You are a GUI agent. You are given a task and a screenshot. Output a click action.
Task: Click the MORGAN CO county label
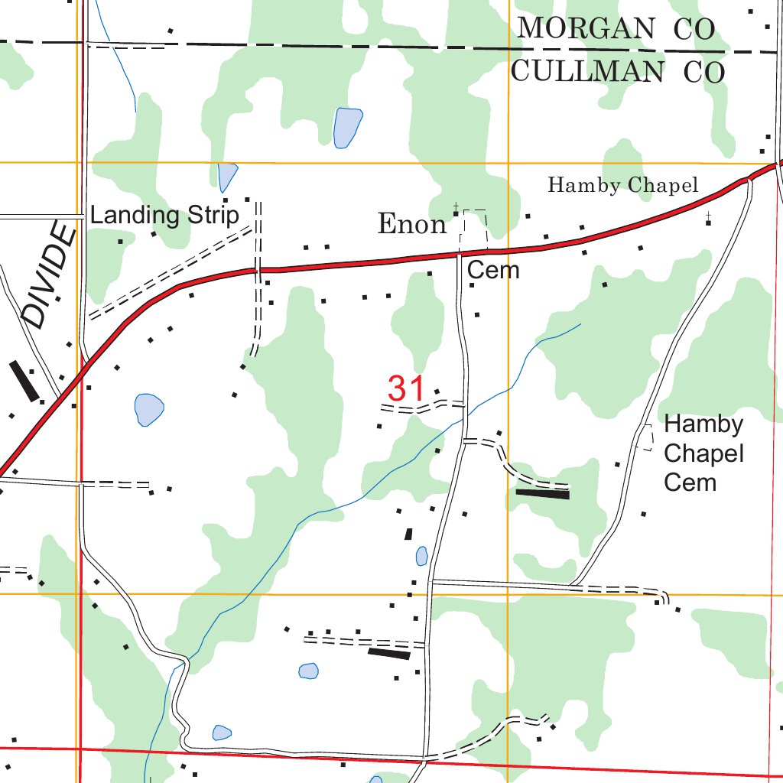tap(616, 29)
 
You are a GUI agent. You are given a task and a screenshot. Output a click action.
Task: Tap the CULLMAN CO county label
tap(617, 72)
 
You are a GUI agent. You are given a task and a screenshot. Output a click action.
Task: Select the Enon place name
tap(412, 225)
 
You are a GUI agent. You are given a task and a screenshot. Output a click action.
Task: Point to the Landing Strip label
tap(164, 216)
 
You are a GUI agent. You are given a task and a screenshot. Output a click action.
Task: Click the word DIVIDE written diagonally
tap(50, 275)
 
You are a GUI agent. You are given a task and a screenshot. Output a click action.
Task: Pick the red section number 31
tap(405, 388)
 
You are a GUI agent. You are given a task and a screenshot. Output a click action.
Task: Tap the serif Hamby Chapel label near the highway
tap(623, 185)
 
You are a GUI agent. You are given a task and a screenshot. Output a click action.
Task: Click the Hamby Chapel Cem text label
tap(703, 453)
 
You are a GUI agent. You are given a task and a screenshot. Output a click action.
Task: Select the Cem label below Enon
tap(493, 270)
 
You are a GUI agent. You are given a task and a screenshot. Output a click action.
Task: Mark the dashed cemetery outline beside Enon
tap(473, 229)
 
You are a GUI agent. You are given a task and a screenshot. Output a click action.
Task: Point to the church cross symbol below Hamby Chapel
tap(708, 218)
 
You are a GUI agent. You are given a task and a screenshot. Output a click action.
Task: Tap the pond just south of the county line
tap(347, 127)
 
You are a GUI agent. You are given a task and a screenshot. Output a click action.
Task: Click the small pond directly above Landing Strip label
tap(227, 177)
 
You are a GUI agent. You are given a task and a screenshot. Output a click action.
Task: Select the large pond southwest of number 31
tap(149, 409)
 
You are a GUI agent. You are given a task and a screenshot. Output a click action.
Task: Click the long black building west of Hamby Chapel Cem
tap(542, 494)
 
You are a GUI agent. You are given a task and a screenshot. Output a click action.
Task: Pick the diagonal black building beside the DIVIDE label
tap(24, 381)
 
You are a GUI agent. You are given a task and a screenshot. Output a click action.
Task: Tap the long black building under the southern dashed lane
tap(389, 653)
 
